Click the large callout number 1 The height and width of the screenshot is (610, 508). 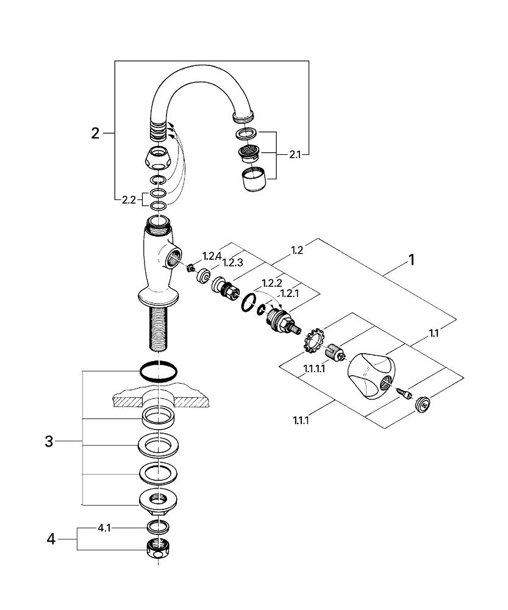coord(411,260)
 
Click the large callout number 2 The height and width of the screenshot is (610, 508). coord(95,133)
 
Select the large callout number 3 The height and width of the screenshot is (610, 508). coord(49,442)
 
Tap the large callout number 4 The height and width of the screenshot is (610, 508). coord(51,539)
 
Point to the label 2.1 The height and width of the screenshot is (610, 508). coord(295,155)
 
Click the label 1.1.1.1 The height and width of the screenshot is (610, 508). coord(314,369)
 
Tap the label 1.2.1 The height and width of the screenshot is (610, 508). coord(290,293)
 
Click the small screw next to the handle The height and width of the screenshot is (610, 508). coord(402,393)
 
